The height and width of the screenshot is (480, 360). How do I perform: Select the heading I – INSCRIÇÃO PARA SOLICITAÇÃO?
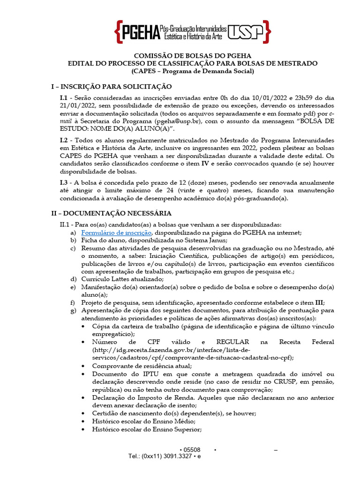(x=112, y=87)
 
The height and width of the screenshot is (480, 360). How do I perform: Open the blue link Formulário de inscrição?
(x=116, y=233)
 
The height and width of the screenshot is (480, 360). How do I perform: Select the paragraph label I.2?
(x=64, y=141)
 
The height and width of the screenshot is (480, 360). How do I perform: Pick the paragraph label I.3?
(x=64, y=182)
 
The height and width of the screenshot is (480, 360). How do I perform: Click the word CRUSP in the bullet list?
(x=279, y=382)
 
